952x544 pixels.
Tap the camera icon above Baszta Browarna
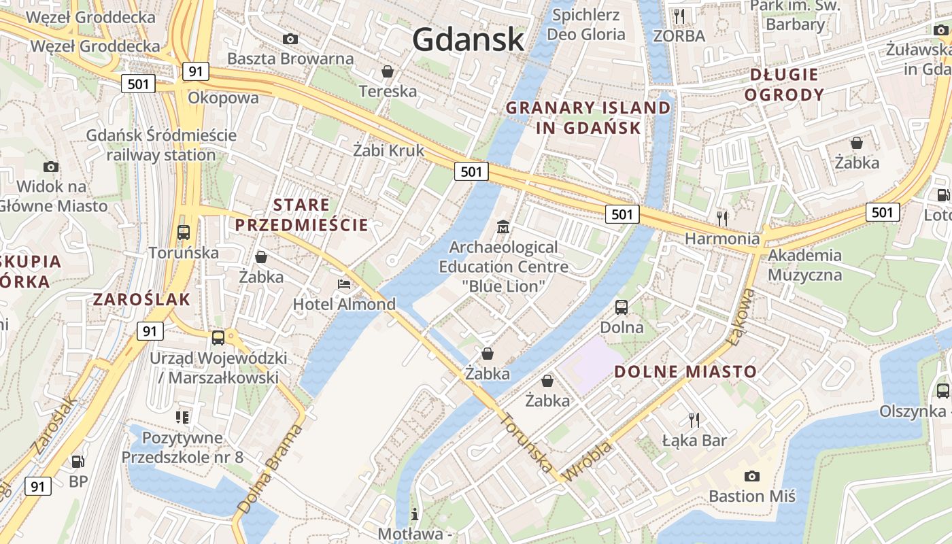tap(290, 39)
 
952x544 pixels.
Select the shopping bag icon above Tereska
tap(388, 71)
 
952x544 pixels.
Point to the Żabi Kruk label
tap(388, 150)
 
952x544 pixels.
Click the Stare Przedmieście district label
tap(301, 215)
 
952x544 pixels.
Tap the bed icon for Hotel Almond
tap(344, 284)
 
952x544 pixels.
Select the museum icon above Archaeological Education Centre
tap(503, 226)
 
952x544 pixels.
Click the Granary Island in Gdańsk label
tap(588, 118)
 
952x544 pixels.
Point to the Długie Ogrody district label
tap(784, 84)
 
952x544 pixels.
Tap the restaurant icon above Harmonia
tap(722, 218)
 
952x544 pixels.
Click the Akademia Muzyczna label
tap(805, 265)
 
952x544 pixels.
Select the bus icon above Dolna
tap(622, 307)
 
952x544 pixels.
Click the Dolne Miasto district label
tap(685, 371)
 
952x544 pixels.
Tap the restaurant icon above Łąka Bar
tap(694, 420)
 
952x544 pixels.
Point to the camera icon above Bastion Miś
tap(751, 476)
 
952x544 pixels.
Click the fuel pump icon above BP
tap(78, 462)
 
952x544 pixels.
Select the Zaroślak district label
tap(141, 299)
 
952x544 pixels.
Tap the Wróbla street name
tap(588, 462)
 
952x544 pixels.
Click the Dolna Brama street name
tap(270, 469)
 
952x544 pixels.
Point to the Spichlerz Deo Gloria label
tap(585, 24)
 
